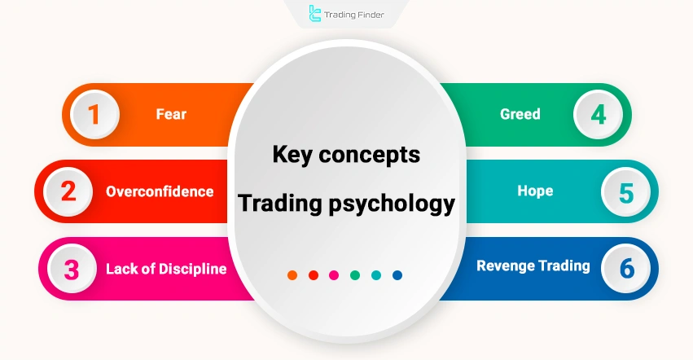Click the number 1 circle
coord(94,114)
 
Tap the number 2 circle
coord(68,191)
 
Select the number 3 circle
coord(72,269)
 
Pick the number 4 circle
coord(599,114)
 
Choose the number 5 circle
coord(625,192)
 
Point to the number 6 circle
coord(625,269)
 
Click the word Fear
coord(171,114)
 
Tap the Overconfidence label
coord(160,192)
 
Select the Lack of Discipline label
coord(166,269)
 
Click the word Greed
coord(520,114)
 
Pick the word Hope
coord(535,191)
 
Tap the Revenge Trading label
coord(533,266)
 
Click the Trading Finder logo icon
coord(316,14)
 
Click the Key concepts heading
coord(346,154)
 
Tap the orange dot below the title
coord(292,275)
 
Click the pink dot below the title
coord(334,275)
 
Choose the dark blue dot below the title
coord(397,275)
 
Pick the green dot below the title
coord(355,275)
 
